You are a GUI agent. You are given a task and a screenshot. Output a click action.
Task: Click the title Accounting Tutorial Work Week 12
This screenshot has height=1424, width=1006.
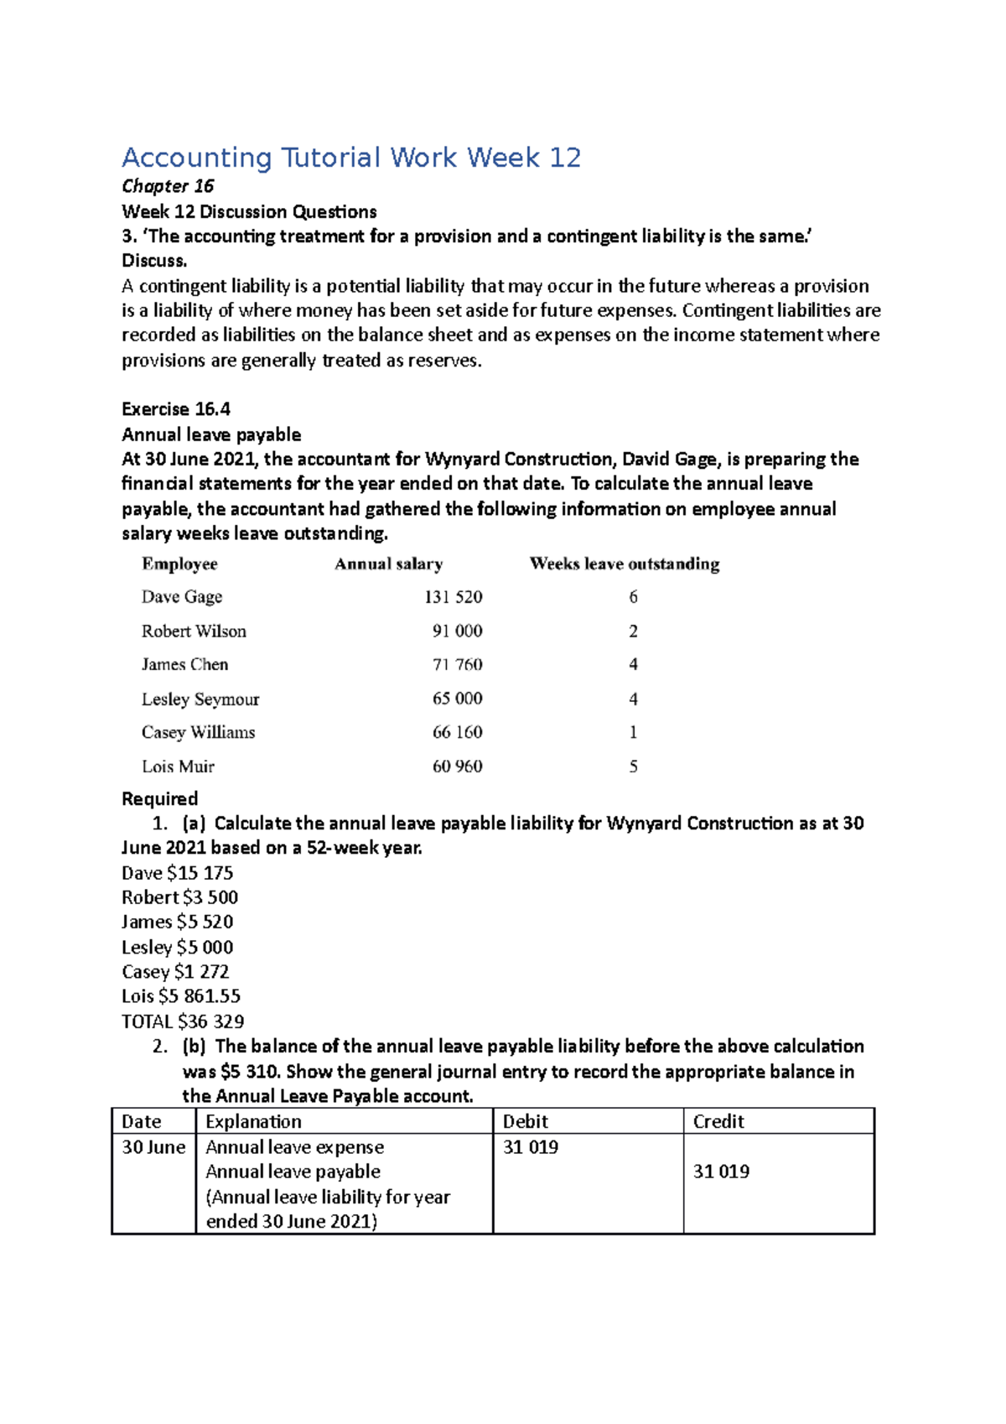pos(351,158)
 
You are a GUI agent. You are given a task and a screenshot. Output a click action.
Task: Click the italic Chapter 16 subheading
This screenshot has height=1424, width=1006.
pos(168,186)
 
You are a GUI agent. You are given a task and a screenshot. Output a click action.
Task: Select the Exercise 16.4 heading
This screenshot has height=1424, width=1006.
pos(176,409)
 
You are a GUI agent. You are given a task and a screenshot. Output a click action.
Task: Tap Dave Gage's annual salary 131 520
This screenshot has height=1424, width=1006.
pos(453,597)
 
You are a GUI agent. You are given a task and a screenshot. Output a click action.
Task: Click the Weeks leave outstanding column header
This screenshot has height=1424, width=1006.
pos(625,564)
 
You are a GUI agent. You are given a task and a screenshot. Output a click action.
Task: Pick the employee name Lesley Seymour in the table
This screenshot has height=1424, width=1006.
pos(200,699)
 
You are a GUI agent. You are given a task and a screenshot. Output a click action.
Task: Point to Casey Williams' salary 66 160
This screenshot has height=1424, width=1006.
pos(457,732)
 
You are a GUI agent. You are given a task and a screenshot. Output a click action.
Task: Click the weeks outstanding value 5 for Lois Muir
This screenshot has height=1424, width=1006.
pos(633,767)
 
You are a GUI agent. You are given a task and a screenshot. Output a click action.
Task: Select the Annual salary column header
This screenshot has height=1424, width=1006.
pos(389,564)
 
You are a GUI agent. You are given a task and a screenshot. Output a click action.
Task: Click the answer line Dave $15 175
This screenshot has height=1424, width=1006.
pos(178,873)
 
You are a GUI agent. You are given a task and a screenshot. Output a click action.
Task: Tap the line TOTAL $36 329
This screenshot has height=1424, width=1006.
pos(183,1021)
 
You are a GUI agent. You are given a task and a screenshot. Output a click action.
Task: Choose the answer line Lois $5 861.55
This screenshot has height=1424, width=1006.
pos(181,996)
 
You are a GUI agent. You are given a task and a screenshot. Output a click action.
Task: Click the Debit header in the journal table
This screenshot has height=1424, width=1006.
pos(525,1122)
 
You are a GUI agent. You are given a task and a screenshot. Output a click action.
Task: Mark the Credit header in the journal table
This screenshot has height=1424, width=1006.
pos(718,1122)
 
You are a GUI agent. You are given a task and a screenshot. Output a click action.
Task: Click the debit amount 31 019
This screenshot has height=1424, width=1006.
pos(531,1147)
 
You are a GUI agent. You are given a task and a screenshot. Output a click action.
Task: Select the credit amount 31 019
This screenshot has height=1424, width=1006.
pos(721,1172)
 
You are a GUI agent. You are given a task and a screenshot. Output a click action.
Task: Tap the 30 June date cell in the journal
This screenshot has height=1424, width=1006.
pos(153,1147)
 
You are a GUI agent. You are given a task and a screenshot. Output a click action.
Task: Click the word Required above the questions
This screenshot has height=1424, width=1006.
pos(160,798)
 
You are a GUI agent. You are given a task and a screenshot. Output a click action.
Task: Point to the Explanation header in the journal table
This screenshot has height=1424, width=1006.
pos(253,1122)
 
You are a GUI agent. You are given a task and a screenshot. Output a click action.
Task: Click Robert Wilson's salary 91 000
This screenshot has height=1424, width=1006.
pos(457,631)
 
